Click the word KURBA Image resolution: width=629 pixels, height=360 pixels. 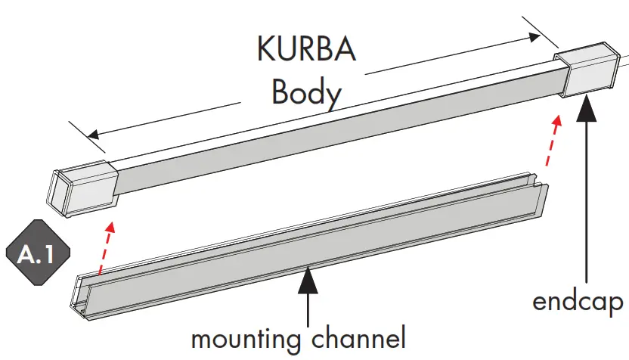(x=306, y=51)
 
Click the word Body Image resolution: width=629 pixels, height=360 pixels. (x=306, y=93)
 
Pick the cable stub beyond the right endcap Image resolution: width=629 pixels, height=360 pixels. (x=621, y=67)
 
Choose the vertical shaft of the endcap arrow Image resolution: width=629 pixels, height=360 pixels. (x=587, y=204)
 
